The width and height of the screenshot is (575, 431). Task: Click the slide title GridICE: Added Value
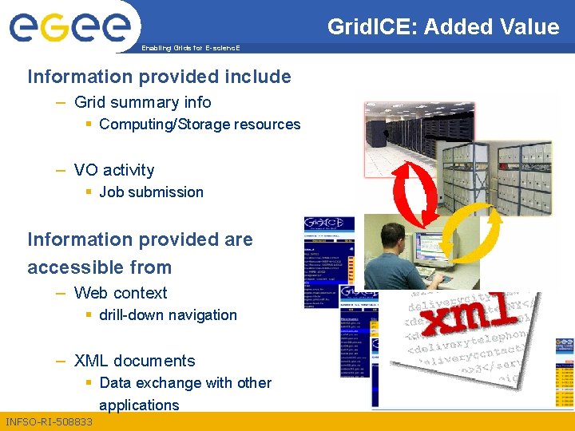[443, 27]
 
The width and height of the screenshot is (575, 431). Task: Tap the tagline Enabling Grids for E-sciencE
[190, 49]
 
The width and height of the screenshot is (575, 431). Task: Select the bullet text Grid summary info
[142, 102]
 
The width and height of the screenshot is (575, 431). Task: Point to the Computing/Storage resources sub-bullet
[200, 125]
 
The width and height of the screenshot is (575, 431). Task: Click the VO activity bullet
[114, 170]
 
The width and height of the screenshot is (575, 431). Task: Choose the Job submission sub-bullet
[151, 192]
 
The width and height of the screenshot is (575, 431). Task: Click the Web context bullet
[121, 293]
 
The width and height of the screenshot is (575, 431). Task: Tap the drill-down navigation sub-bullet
[168, 315]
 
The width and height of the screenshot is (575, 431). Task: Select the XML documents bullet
[134, 361]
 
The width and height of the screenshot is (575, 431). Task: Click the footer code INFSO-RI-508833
[49, 421]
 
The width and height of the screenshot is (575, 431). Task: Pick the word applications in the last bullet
[139, 405]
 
